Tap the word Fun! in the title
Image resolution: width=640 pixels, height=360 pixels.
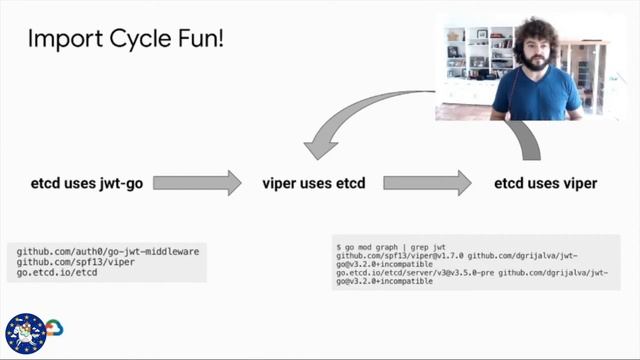click(196, 39)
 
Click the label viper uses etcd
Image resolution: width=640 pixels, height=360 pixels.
click(313, 183)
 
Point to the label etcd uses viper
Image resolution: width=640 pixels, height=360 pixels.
click(546, 183)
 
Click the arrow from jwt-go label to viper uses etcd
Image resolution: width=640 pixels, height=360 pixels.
click(197, 183)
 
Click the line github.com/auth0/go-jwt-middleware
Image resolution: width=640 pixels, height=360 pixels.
click(93, 246)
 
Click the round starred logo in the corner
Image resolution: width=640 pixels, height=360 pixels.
click(25, 334)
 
